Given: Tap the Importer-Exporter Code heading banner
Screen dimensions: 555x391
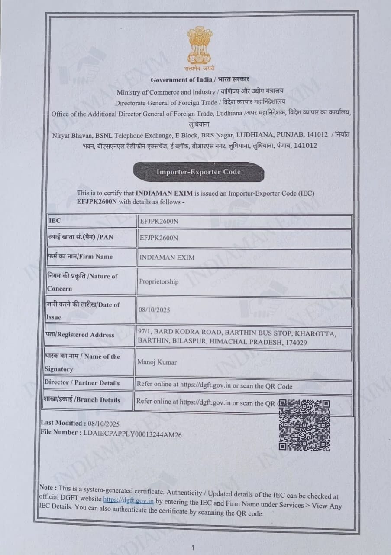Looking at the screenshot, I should [198, 172].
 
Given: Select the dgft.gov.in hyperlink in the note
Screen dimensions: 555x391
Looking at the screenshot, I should [128, 500].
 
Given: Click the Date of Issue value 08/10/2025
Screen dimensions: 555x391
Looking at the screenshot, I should [154, 310].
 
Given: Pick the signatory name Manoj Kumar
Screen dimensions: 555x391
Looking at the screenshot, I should [157, 362].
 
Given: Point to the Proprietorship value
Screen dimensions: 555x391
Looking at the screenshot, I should [158, 281].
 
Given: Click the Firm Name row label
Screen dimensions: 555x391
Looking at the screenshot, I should [80, 257].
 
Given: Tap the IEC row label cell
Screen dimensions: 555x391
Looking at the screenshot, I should [55, 220].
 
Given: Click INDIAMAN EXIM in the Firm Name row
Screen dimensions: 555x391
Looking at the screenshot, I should [167, 258].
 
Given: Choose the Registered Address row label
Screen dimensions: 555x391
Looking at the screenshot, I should [80, 335].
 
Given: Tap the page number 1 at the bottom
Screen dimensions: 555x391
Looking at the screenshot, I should [193, 548].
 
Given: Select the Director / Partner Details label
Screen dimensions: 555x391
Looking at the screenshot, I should [82, 382].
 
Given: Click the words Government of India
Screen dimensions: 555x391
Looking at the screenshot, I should [181, 80].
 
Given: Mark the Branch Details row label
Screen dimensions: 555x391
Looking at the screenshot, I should [82, 400].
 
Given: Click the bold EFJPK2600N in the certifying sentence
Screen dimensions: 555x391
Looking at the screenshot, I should [97, 202].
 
